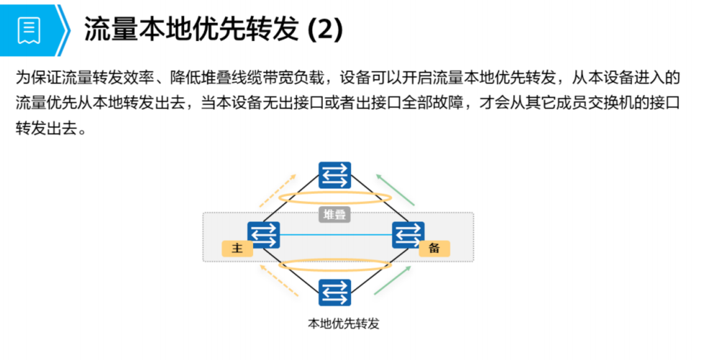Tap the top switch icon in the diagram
coord(335,175)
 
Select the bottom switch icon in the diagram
coord(335,292)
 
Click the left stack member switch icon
coord(263,234)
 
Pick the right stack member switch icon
coord(408,234)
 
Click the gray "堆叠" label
coord(334,214)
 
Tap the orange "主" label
coord(238,249)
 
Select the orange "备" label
coord(434,249)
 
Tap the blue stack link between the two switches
coord(335,235)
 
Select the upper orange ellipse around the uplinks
coord(335,198)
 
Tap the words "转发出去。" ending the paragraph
coord(50,131)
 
